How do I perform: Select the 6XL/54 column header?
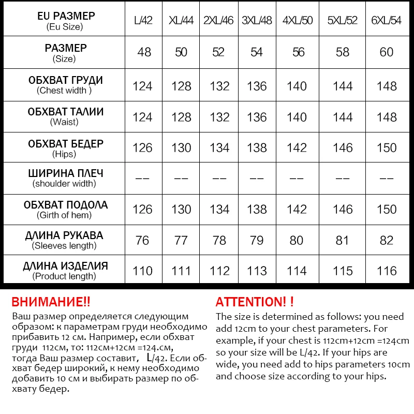pos(387,21)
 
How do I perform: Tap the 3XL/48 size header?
pos(257,21)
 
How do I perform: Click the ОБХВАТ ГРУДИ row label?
pos(65,85)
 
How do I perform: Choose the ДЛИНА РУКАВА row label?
pos(65,240)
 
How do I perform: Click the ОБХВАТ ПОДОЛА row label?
pos(65,209)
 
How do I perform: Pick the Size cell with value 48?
pos(144,52)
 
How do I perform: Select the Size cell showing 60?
pos(387,52)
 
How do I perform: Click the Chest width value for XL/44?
pos(181,86)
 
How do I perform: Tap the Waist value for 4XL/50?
pos(297,117)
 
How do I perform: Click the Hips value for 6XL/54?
pos(387,148)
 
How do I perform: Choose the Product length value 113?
pos(257,271)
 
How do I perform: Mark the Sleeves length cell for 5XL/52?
pos(343,241)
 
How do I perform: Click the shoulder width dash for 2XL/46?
pos(219,179)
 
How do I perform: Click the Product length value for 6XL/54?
pos(387,271)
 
